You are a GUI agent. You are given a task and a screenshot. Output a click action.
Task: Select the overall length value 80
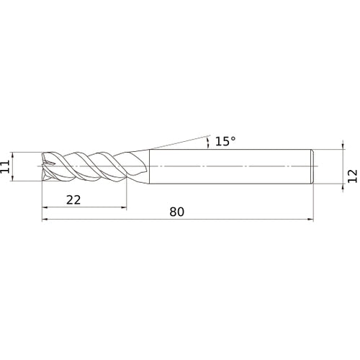click(x=178, y=212)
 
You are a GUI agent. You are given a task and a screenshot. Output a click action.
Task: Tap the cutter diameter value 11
click(x=6, y=167)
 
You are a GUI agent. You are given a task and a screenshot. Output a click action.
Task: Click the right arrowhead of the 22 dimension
click(x=124, y=209)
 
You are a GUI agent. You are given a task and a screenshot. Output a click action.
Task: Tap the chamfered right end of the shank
click(x=312, y=167)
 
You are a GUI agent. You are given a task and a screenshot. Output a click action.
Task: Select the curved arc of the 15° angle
click(x=209, y=142)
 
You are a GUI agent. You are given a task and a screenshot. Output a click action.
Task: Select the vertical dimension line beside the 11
click(x=17, y=167)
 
